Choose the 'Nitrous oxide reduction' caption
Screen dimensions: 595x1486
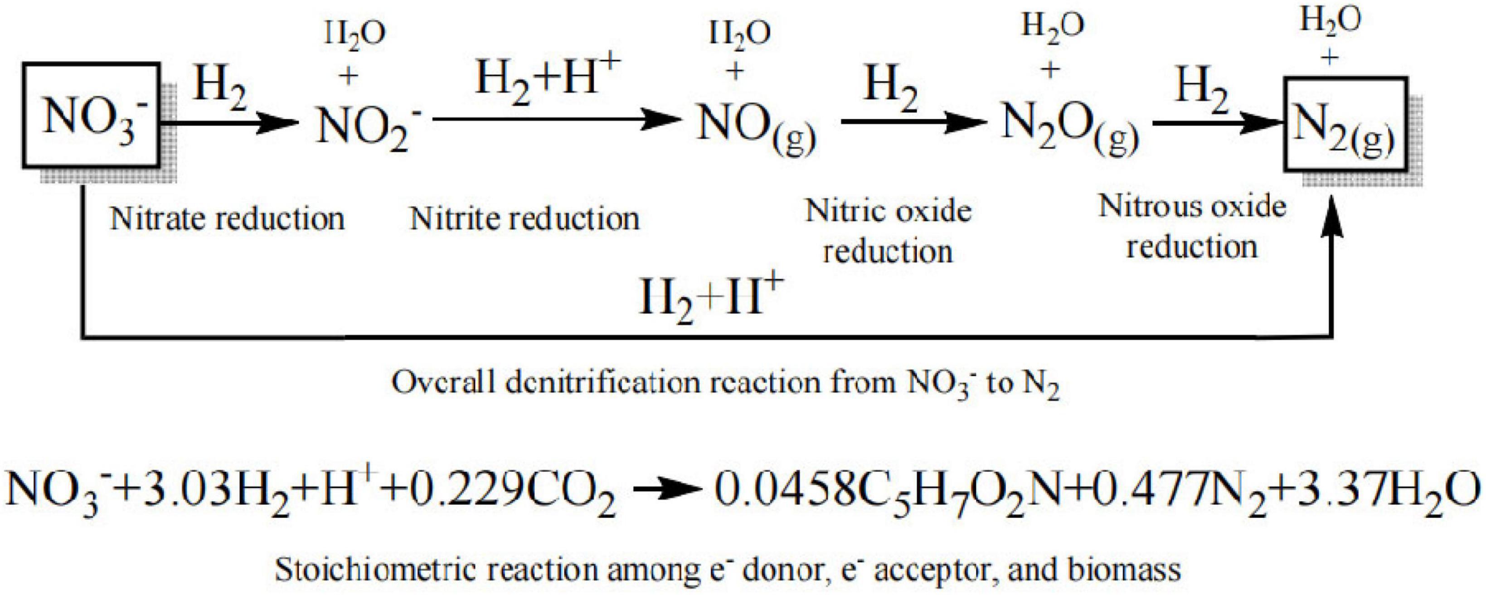[1192, 227]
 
